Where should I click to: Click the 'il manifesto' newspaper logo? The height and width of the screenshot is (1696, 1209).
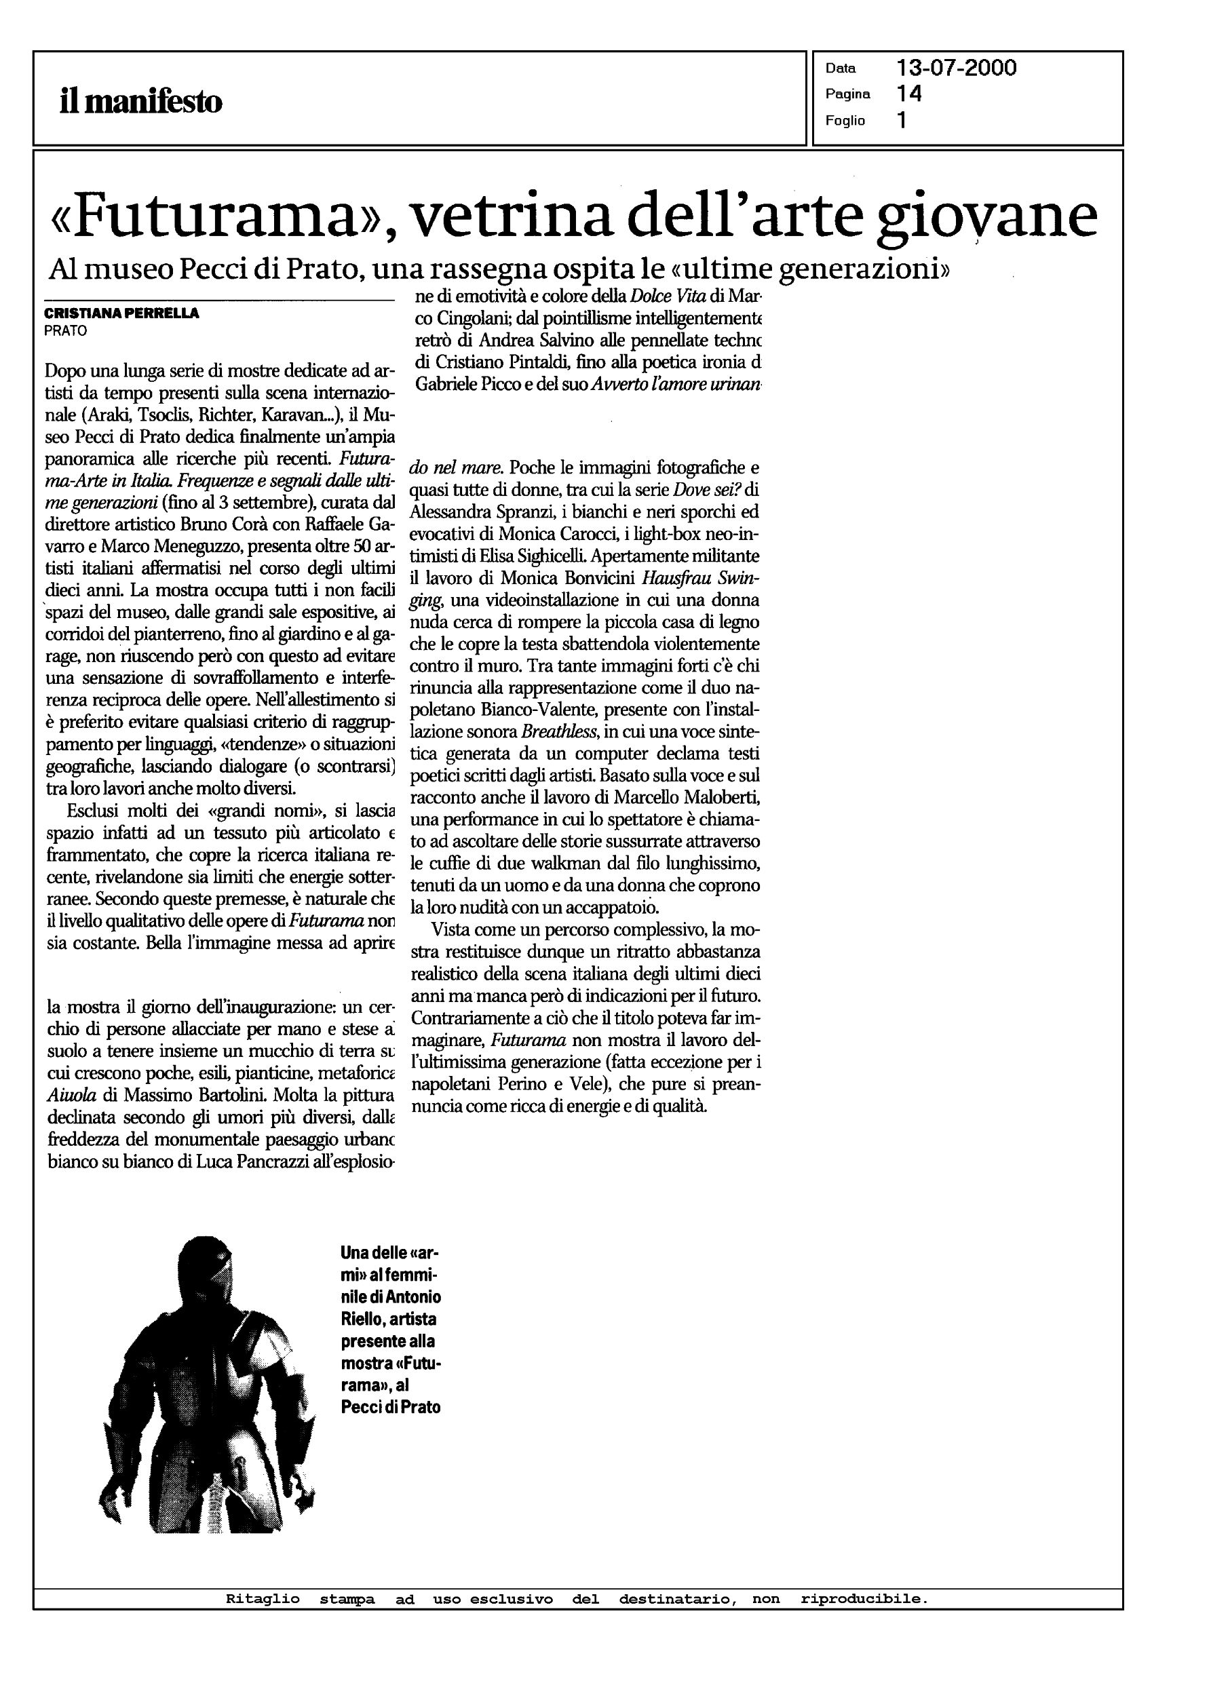pos(140,101)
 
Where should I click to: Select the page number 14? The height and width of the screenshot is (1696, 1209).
pos(910,94)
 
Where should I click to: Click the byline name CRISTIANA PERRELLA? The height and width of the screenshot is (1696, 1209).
pos(122,313)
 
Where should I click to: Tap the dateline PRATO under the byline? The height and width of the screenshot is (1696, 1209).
pos(66,331)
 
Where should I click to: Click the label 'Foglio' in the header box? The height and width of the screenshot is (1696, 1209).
pos(845,121)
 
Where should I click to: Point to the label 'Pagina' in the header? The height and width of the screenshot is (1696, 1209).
pos(847,94)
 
